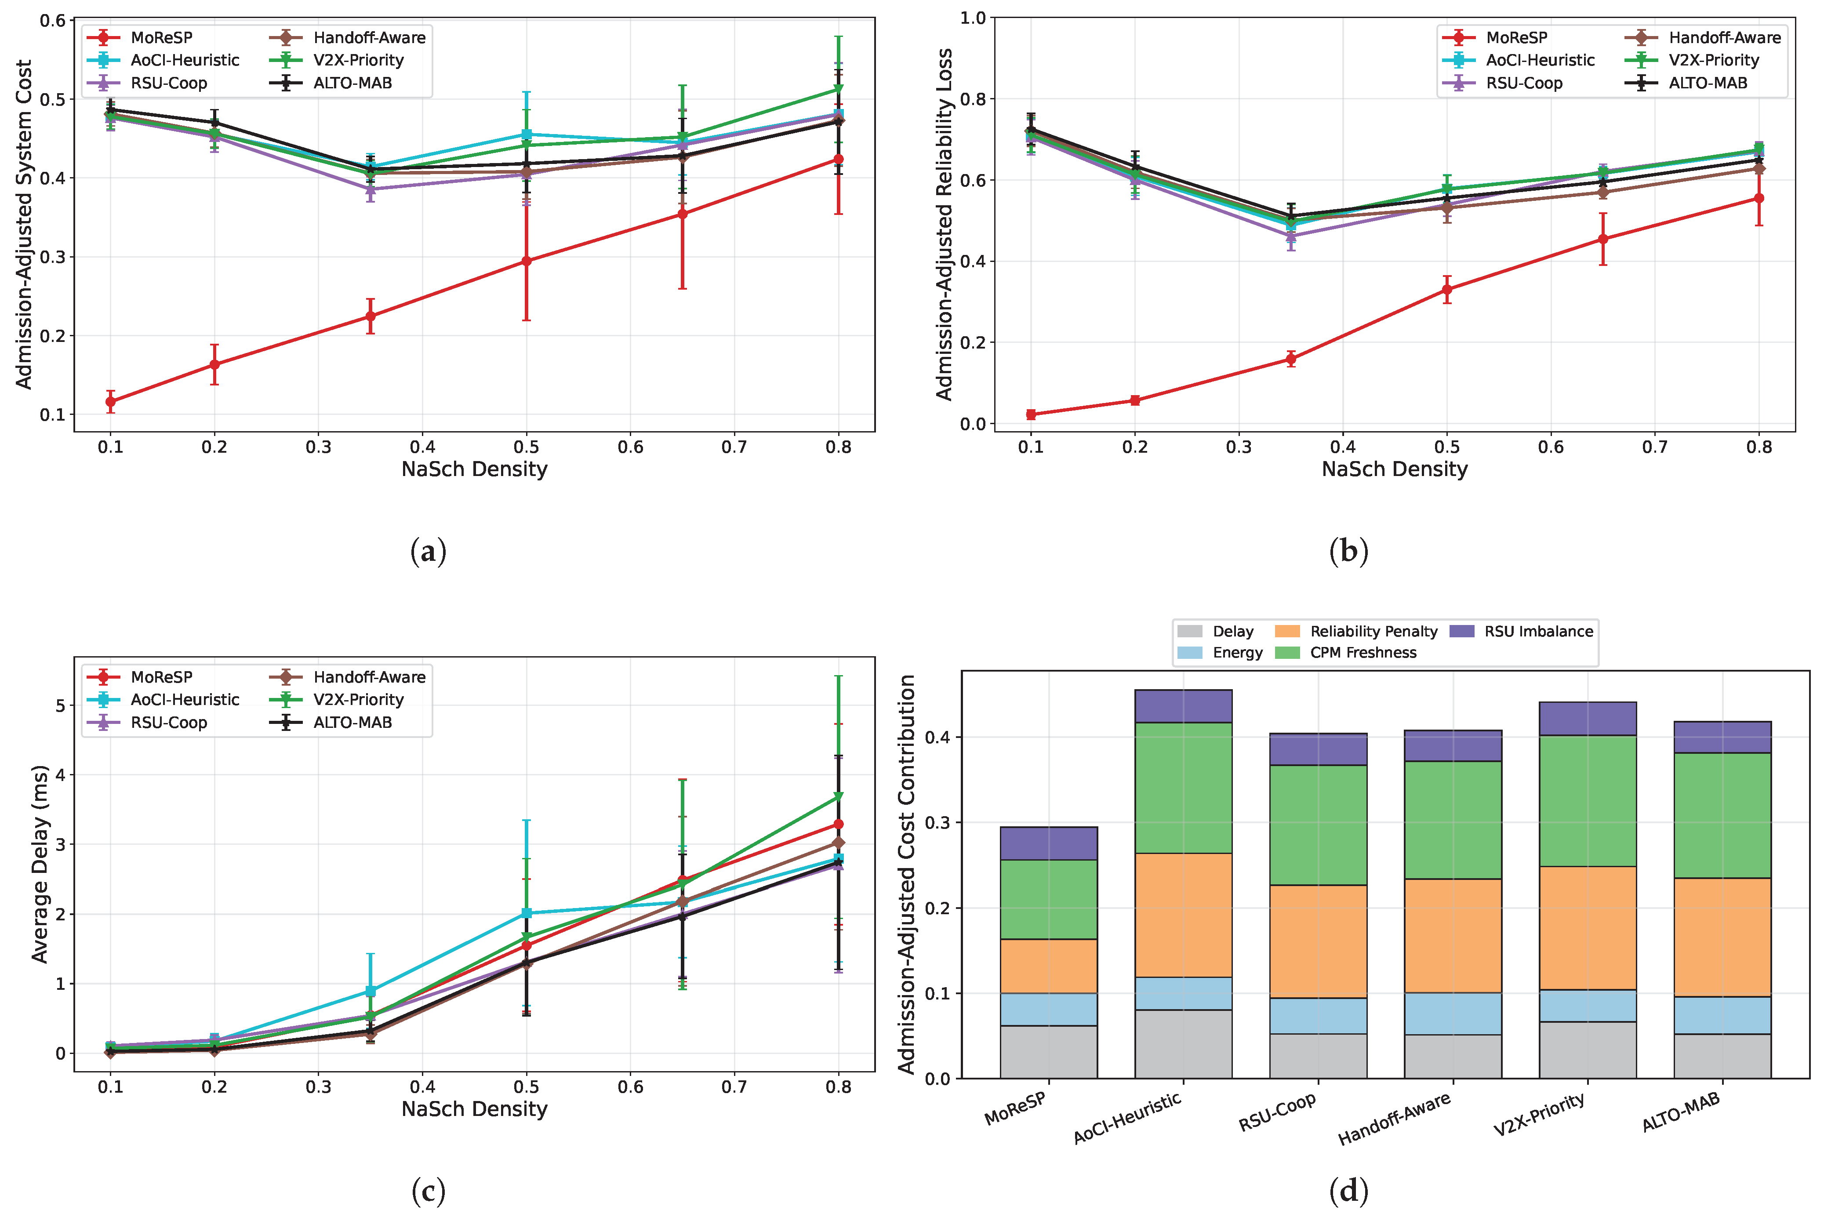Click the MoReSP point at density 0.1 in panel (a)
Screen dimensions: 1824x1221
(x=111, y=402)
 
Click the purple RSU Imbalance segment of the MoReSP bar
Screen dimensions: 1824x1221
(x=1049, y=843)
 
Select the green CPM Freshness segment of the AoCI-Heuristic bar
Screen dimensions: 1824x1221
(x=1183, y=788)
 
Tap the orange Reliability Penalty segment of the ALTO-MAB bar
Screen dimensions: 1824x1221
(x=1722, y=938)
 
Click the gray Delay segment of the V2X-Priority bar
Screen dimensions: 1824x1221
(x=1588, y=1050)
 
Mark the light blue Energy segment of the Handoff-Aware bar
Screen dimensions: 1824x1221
(x=1453, y=1014)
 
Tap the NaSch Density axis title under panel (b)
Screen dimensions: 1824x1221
(x=1394, y=469)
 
